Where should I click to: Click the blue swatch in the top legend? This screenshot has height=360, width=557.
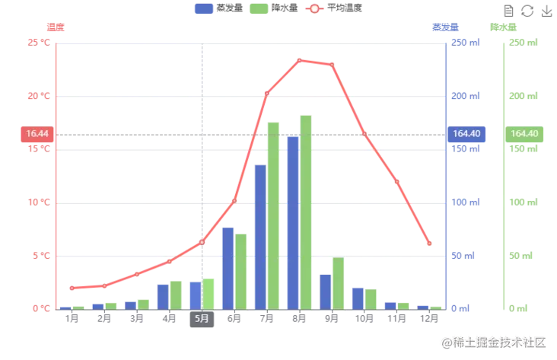(203, 9)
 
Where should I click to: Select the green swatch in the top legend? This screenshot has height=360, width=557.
(258, 9)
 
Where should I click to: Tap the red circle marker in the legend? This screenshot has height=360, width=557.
(314, 9)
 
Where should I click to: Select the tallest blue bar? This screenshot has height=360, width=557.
(292, 221)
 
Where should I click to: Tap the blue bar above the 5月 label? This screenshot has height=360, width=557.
(195, 295)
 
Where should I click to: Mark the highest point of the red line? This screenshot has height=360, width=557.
(301, 59)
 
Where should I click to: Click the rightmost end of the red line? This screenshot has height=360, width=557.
(431, 246)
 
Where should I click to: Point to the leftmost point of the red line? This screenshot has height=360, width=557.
(71, 288)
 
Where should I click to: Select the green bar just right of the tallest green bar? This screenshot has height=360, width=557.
(339, 283)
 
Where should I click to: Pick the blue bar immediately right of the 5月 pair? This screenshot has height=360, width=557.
(227, 267)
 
